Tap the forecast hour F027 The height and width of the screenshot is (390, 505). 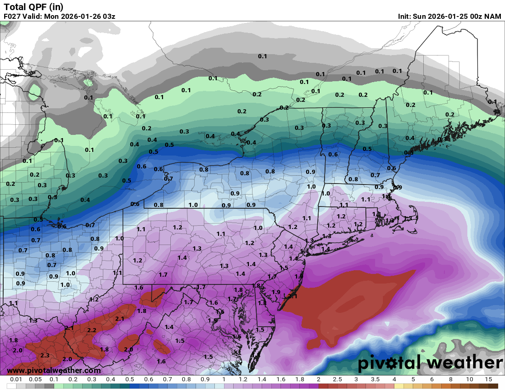(x=13, y=17)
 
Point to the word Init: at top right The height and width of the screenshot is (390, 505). (x=407, y=17)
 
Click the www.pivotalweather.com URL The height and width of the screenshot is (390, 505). (x=54, y=370)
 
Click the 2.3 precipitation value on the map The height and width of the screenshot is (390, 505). (x=45, y=355)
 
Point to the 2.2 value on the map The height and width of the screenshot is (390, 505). (x=92, y=330)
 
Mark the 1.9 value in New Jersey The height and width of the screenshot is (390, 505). (x=276, y=292)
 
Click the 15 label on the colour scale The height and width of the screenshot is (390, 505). (x=488, y=379)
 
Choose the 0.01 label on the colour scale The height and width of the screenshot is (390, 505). (x=17, y=379)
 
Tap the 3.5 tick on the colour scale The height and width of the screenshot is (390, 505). (x=375, y=379)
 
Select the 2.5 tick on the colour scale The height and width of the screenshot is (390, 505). (x=337, y=379)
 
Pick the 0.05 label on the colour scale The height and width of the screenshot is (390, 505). (x=35, y=379)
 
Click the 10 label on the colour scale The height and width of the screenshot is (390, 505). (x=469, y=379)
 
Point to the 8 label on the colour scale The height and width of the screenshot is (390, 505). (x=450, y=379)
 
